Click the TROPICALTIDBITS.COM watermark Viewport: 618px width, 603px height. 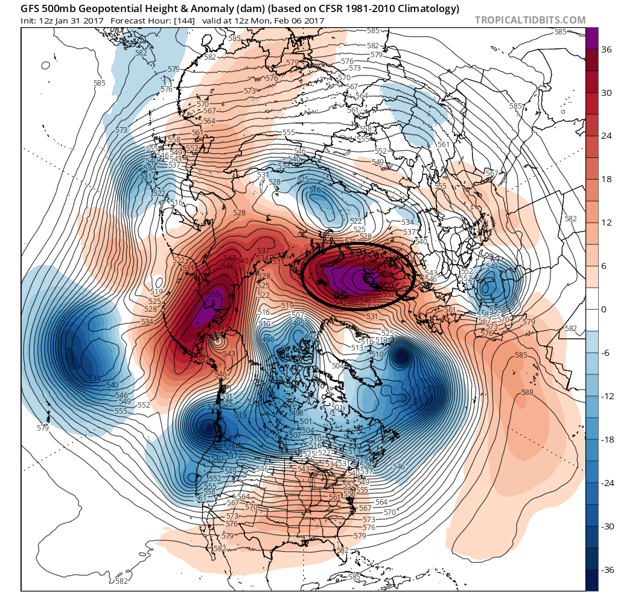click(x=530, y=20)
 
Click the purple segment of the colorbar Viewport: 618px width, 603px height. click(x=592, y=38)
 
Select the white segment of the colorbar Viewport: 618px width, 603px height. click(x=592, y=309)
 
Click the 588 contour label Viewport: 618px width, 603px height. click(x=527, y=393)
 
